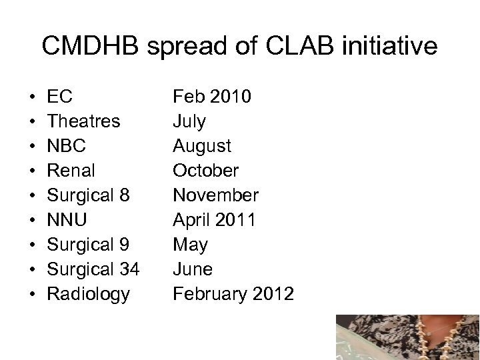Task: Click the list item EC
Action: tap(60, 97)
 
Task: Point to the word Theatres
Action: tap(84, 122)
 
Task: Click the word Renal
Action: tap(72, 171)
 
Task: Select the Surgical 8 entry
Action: tap(88, 196)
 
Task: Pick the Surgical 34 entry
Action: tap(93, 270)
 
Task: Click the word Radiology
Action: tap(89, 295)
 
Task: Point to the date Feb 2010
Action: tap(212, 97)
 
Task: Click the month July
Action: tap(189, 122)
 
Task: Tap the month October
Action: tap(205, 171)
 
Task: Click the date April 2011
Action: tap(213, 221)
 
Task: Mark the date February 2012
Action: tap(233, 295)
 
